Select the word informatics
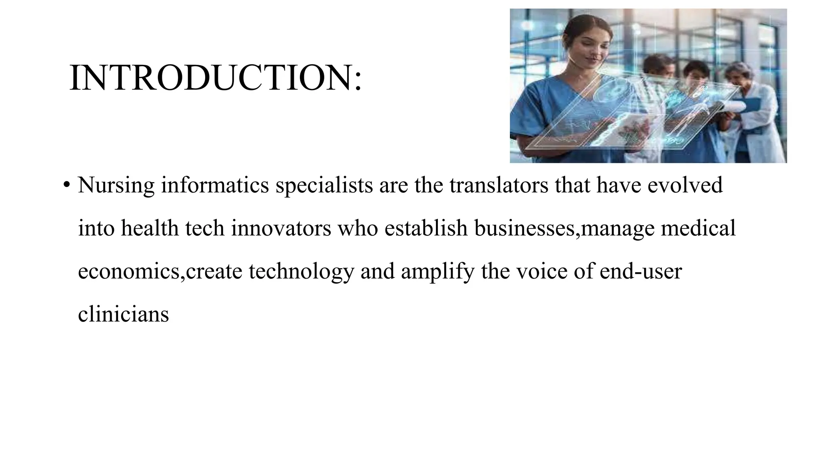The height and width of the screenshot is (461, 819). point(215,185)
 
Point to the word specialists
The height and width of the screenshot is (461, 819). point(324,185)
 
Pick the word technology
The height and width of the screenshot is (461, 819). point(302,271)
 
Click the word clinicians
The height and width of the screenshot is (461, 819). point(123,314)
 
